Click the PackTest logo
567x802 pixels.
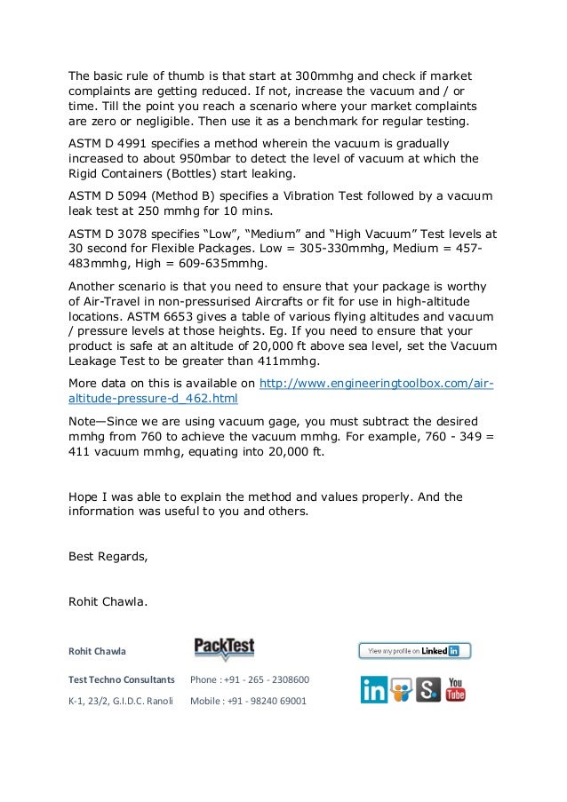coord(224,647)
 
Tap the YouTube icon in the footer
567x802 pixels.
coord(456,689)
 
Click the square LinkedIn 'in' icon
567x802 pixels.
coord(373,689)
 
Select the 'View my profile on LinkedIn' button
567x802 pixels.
coord(414,651)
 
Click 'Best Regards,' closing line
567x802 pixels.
coord(108,558)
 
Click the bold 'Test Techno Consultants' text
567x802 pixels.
coord(122,680)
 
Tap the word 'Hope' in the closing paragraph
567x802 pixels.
coord(85,497)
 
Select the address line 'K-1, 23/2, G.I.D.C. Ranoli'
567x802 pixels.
coord(121,701)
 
